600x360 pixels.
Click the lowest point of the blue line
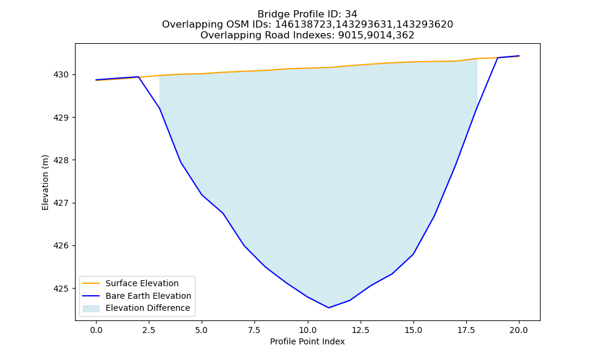(328, 308)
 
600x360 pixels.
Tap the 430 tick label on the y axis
(61, 74)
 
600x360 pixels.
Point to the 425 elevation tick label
(61, 289)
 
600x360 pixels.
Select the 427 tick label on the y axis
(61, 203)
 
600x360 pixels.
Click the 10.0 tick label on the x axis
(308, 331)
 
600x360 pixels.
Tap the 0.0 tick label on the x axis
(96, 331)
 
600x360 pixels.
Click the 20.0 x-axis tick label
(519, 331)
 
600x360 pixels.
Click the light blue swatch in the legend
(91, 308)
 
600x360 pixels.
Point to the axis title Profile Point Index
(307, 341)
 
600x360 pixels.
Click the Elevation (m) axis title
(45, 182)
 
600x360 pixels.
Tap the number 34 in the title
(351, 14)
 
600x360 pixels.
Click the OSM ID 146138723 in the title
(305, 25)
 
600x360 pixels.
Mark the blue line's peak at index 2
(138, 77)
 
